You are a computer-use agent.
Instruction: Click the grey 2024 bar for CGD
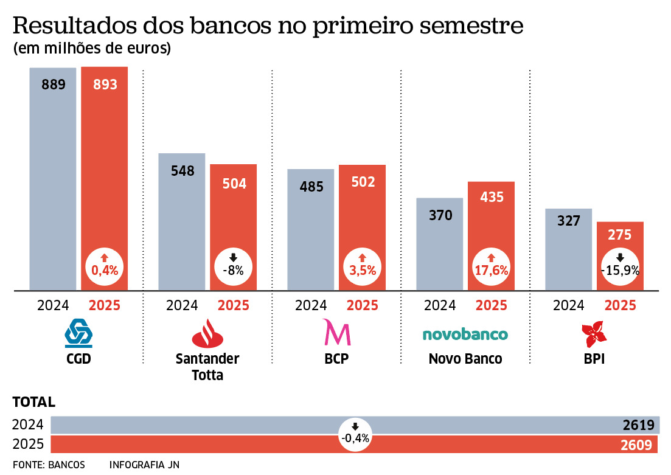54,182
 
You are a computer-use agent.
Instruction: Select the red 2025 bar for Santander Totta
234,219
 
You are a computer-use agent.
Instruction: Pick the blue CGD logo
78,333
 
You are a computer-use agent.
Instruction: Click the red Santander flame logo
207,333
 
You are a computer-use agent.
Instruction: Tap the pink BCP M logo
336,333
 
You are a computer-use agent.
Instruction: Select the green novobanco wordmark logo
465,334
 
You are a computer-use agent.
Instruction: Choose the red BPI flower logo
594,333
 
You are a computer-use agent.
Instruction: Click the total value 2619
638,425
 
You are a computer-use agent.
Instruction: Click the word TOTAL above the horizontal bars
34,402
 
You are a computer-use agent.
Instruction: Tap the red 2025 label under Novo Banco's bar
492,305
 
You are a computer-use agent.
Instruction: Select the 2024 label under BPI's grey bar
569,305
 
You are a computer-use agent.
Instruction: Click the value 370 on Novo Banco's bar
440,215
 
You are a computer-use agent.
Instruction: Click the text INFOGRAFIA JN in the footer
136,465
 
